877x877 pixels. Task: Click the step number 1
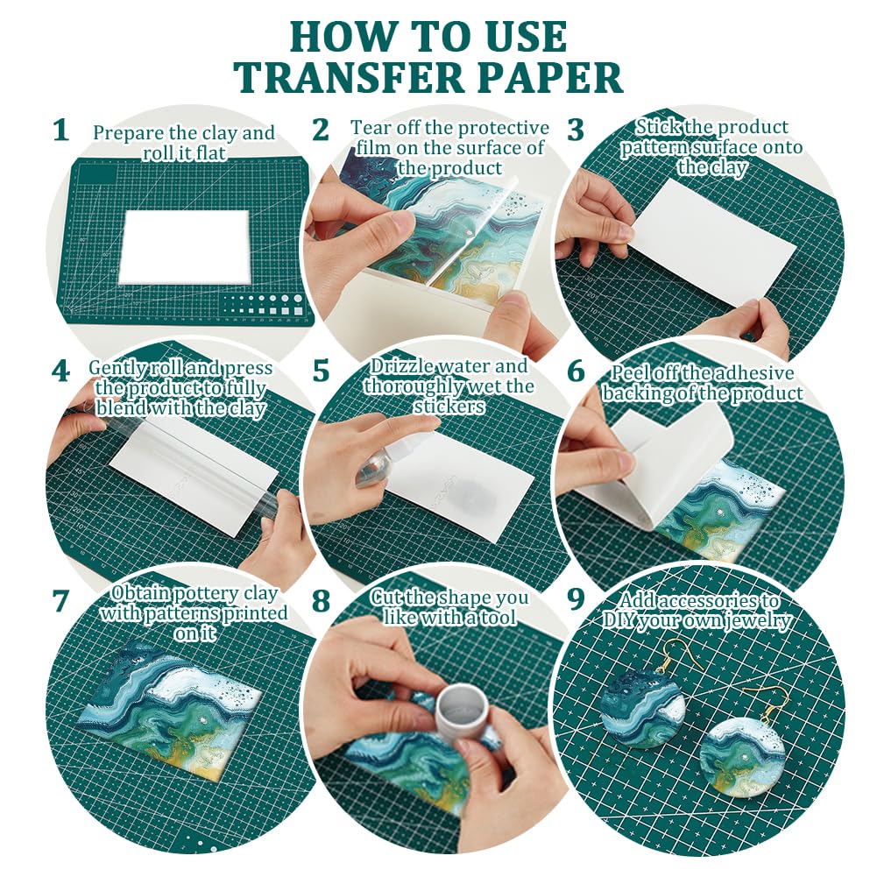[60, 131]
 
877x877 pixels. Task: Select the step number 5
[321, 371]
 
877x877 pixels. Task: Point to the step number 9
[576, 598]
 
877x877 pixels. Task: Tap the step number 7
[60, 601]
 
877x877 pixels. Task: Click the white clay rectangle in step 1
[185, 247]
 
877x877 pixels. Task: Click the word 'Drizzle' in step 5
[402, 366]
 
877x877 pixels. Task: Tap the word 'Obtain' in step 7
[135, 593]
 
